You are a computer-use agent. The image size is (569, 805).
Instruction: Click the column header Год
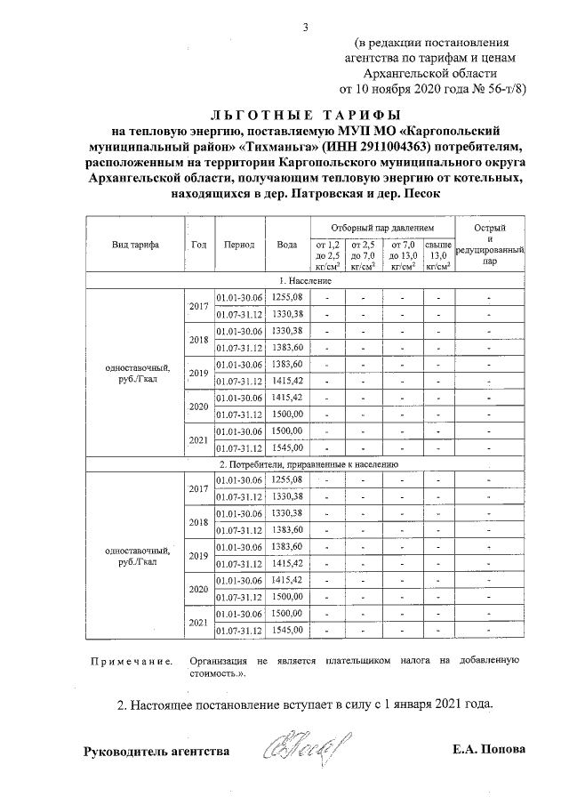click(x=199, y=245)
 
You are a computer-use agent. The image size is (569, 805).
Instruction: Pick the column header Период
click(x=240, y=245)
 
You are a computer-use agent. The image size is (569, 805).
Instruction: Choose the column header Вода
click(x=287, y=245)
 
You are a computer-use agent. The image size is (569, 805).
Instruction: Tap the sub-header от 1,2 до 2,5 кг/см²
click(x=328, y=254)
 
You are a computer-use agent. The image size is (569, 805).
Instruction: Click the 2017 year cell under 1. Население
click(x=199, y=306)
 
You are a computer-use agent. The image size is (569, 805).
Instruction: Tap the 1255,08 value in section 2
click(x=287, y=480)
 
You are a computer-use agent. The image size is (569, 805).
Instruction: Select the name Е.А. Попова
click(x=489, y=750)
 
